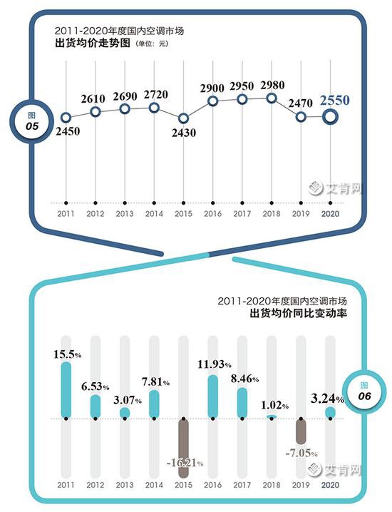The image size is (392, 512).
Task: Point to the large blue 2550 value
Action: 334,101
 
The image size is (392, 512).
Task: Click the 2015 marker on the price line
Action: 184,118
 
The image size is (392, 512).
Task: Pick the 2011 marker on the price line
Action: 66,118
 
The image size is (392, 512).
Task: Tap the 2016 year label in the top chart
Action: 212,213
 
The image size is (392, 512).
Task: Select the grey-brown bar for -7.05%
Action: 301,432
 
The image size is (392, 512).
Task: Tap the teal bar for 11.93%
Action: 212,396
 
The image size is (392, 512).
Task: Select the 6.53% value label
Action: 95,386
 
